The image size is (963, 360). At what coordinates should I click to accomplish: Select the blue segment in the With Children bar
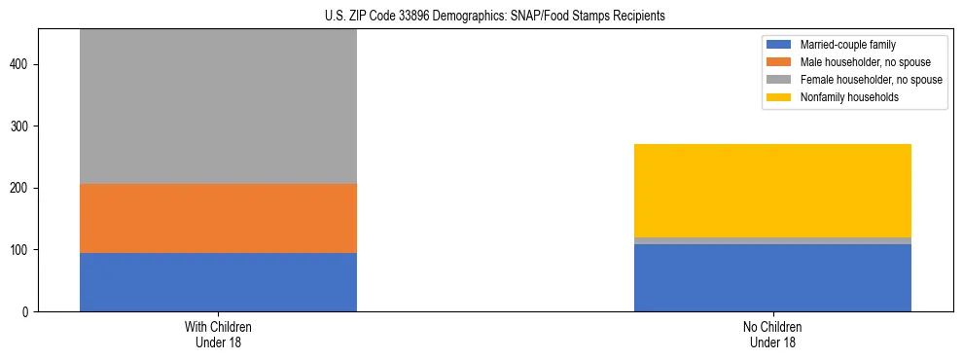point(218,282)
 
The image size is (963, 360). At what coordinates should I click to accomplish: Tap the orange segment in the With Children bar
point(218,218)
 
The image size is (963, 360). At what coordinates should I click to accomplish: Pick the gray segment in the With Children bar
point(218,107)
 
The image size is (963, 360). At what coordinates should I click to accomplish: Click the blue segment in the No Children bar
point(772,277)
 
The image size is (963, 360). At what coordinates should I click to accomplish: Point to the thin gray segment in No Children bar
point(772,240)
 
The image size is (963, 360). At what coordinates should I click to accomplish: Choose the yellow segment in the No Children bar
point(772,191)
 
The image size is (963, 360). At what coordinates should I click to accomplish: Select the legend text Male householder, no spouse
point(857,62)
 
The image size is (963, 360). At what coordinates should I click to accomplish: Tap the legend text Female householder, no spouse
point(871,80)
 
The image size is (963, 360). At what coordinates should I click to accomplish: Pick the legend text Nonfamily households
point(842,97)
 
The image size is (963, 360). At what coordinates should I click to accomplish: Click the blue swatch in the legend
point(779,45)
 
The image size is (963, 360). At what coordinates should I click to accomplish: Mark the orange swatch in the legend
point(779,62)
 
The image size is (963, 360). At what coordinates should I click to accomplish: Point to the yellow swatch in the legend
point(779,97)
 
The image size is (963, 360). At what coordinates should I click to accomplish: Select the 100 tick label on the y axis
point(22,250)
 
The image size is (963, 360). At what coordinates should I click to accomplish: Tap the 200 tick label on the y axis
point(22,189)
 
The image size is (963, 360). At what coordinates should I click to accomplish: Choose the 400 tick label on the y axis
point(22,65)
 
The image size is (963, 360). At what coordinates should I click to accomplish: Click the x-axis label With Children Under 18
point(218,335)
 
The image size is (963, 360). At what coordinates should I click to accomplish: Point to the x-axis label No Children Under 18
point(772,335)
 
